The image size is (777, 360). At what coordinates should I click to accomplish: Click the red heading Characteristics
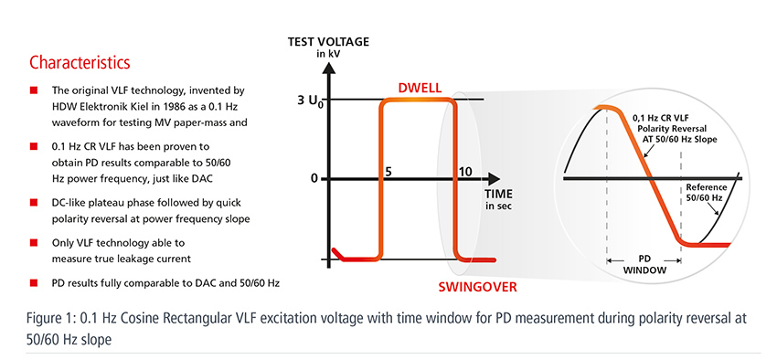[x=80, y=63]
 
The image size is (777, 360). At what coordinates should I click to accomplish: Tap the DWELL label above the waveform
[x=420, y=88]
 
